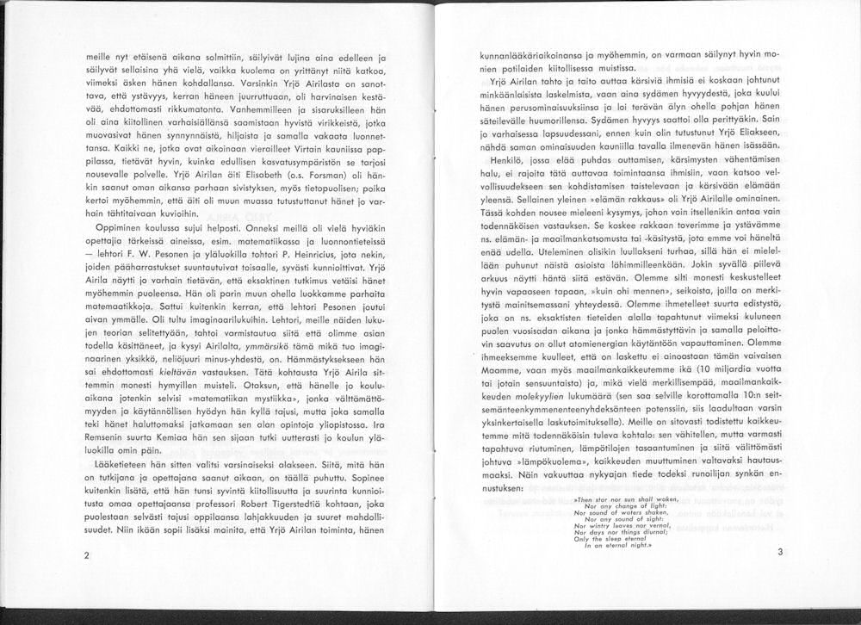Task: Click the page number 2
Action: pyautogui.click(x=87, y=555)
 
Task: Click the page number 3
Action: pyautogui.click(x=779, y=552)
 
